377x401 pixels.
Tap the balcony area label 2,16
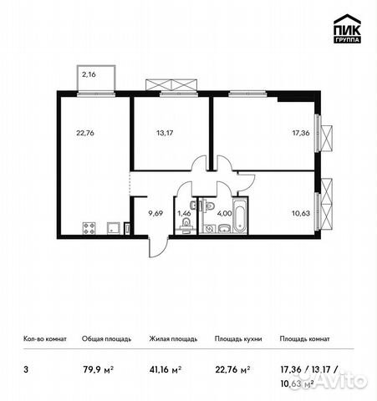[x=89, y=75]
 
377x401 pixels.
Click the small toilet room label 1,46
[x=184, y=213]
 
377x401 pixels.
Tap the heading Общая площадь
[x=104, y=339]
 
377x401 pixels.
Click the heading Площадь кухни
[x=237, y=339]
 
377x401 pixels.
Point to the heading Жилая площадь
[x=173, y=339]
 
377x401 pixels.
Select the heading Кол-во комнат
[x=44, y=339]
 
